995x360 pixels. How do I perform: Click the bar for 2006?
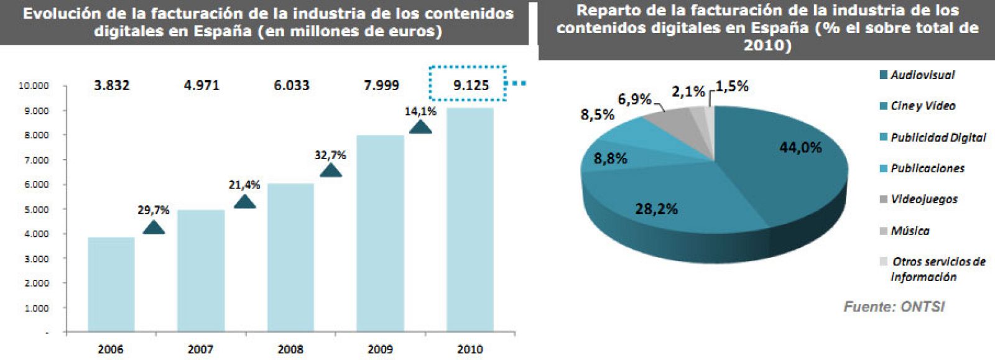pyautogui.click(x=111, y=284)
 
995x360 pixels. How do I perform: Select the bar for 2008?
pyautogui.click(x=290, y=257)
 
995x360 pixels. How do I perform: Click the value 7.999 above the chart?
pyautogui.click(x=381, y=85)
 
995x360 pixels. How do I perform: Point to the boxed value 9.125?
pyautogui.click(x=471, y=85)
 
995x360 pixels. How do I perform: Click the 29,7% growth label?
pyautogui.click(x=153, y=210)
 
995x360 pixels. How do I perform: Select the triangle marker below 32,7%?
pyautogui.click(x=331, y=170)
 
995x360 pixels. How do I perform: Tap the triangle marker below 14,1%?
pyautogui.click(x=421, y=127)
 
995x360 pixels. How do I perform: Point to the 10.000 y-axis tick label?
pyautogui.click(x=34, y=86)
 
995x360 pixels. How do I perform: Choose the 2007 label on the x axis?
pyautogui.click(x=200, y=349)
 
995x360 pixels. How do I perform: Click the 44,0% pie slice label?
pyautogui.click(x=800, y=147)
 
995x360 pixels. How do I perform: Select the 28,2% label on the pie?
pyautogui.click(x=656, y=209)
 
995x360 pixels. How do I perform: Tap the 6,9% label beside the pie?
pyautogui.click(x=634, y=99)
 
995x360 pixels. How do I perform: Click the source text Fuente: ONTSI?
pyautogui.click(x=894, y=307)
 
